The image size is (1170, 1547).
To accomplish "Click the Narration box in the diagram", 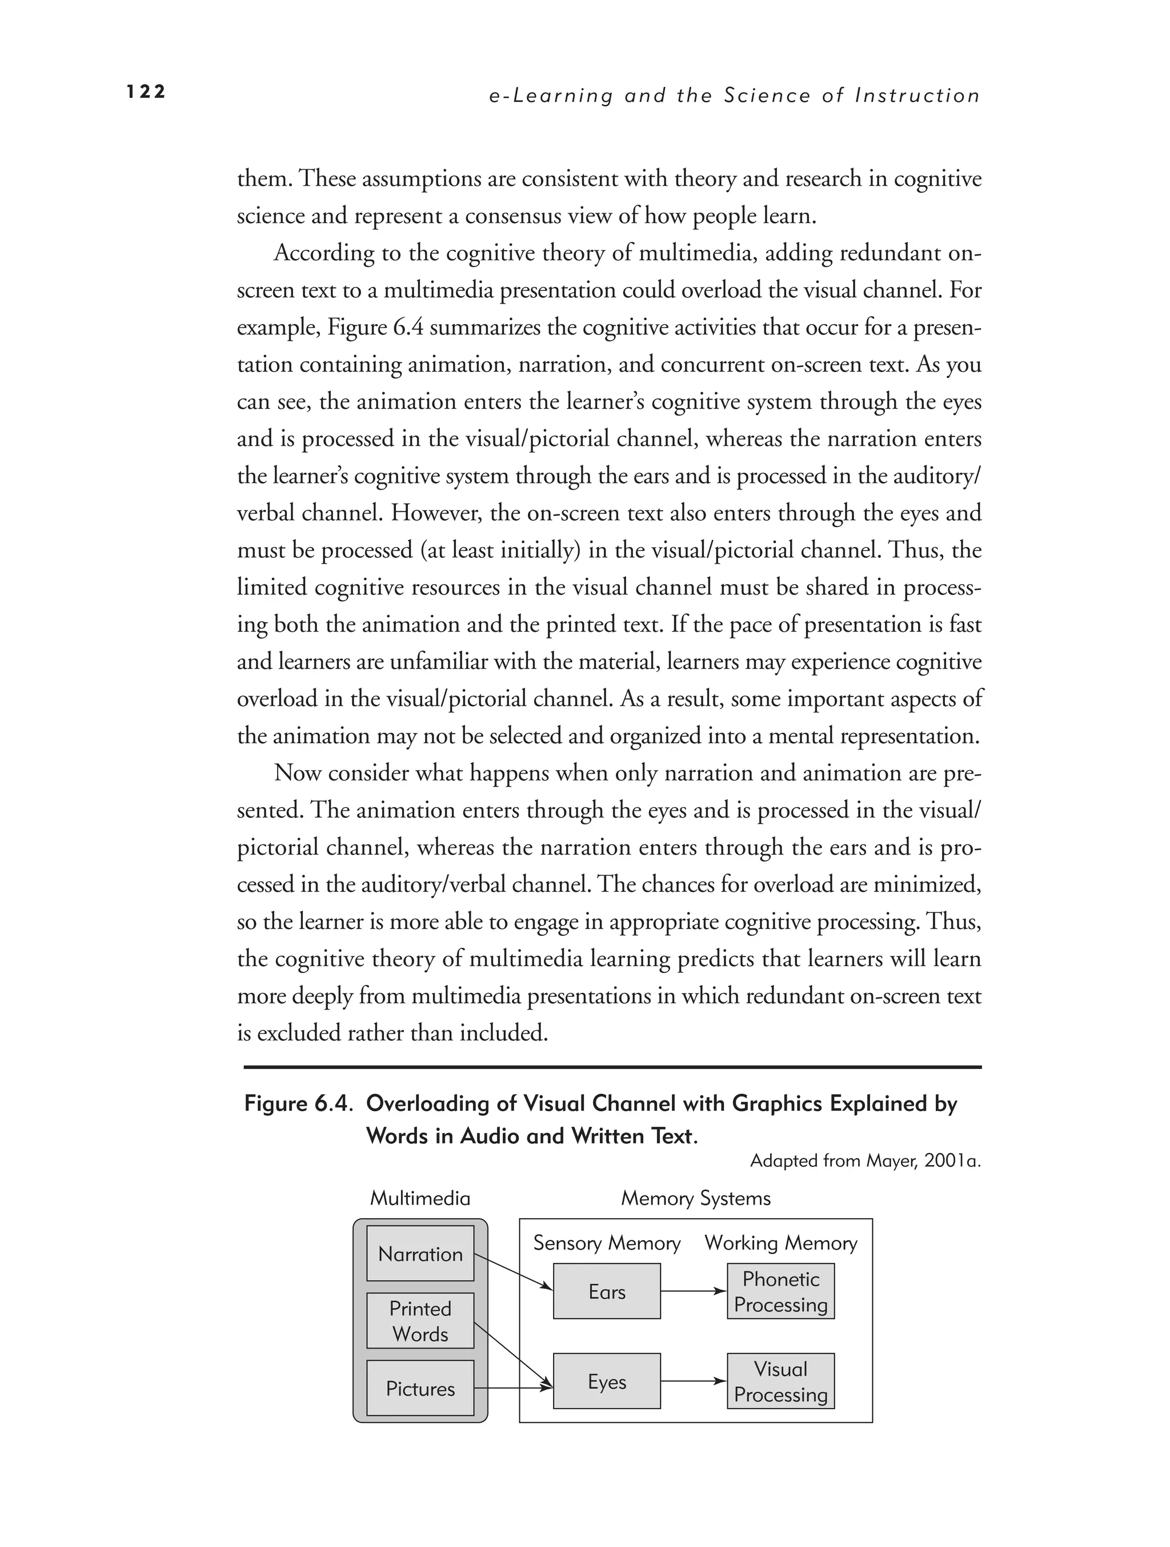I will point(420,1253).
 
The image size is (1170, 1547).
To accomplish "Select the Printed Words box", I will point(420,1321).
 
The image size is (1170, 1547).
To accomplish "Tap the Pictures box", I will point(420,1388).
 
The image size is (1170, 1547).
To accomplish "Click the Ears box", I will point(607,1291).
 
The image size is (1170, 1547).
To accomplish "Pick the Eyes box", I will point(607,1381).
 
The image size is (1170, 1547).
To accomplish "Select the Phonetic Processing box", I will point(781,1291).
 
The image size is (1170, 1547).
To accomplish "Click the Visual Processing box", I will point(781,1381).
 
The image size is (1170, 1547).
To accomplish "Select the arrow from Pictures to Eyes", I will point(514,1387).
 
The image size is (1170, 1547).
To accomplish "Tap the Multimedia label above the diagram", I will point(420,1198).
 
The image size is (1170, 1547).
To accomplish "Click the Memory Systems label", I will point(695,1198).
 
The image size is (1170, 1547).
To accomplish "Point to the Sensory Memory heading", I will point(607,1243).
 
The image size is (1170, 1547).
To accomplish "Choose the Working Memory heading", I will point(781,1243).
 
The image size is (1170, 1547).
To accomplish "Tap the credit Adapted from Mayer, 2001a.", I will point(866,1161).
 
